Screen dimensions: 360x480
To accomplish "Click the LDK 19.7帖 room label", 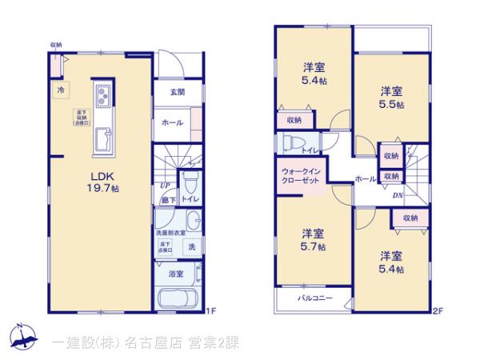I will (104, 182).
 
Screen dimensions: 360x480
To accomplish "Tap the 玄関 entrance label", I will (177, 92).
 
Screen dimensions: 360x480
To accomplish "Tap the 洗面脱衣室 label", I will (170, 232).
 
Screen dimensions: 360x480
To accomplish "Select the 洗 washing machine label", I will (191, 248).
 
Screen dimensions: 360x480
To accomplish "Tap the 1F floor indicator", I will (212, 310).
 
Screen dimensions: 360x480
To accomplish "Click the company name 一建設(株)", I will (83, 342).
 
